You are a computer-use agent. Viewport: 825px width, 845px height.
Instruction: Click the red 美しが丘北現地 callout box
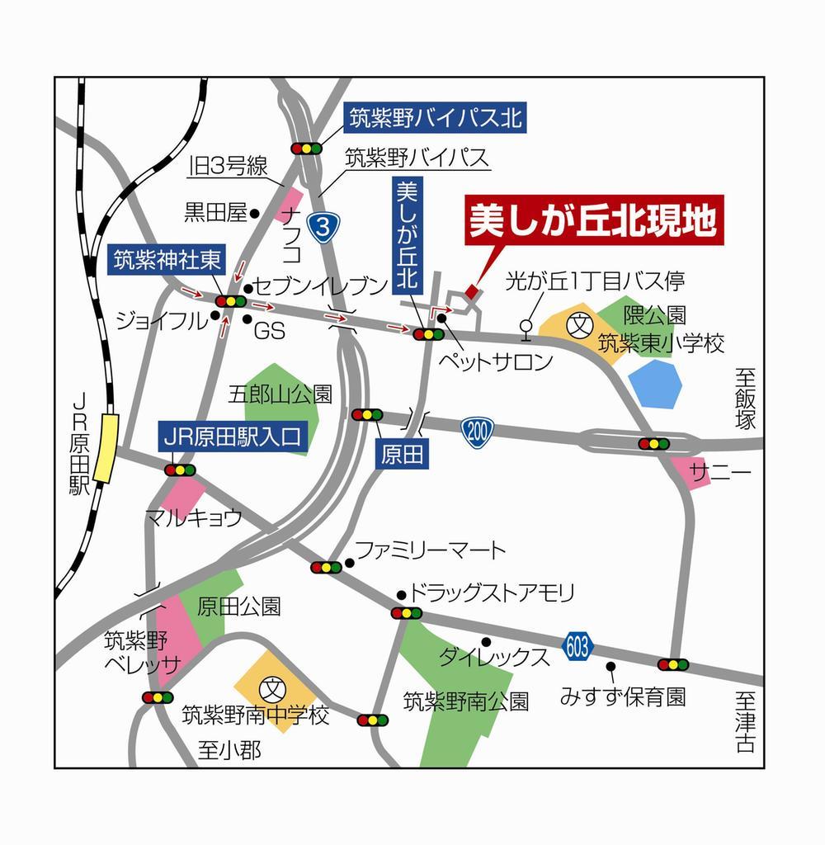tap(593, 220)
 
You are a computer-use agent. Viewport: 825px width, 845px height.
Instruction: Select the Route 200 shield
tap(477, 431)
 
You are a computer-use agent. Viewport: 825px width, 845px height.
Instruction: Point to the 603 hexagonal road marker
tap(577, 646)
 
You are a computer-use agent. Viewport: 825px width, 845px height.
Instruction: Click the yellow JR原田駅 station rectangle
tap(105, 447)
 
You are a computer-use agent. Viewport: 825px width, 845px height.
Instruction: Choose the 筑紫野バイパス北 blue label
tap(435, 118)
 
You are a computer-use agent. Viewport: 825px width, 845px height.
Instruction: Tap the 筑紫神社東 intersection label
tap(167, 261)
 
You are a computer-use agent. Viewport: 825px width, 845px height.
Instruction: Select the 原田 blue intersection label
tap(403, 455)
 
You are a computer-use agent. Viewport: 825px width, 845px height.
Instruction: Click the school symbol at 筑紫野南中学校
tap(271, 687)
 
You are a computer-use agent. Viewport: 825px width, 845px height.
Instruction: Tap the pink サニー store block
tap(691, 472)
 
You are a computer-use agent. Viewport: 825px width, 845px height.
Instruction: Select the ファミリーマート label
tap(430, 550)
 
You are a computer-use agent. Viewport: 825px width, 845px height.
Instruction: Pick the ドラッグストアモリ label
tap(492, 593)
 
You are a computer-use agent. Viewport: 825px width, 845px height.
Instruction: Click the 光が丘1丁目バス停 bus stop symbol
tap(525, 328)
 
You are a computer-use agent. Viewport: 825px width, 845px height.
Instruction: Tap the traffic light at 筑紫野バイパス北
tap(306, 149)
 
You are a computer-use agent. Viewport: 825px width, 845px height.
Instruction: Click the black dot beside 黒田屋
tap(255, 214)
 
